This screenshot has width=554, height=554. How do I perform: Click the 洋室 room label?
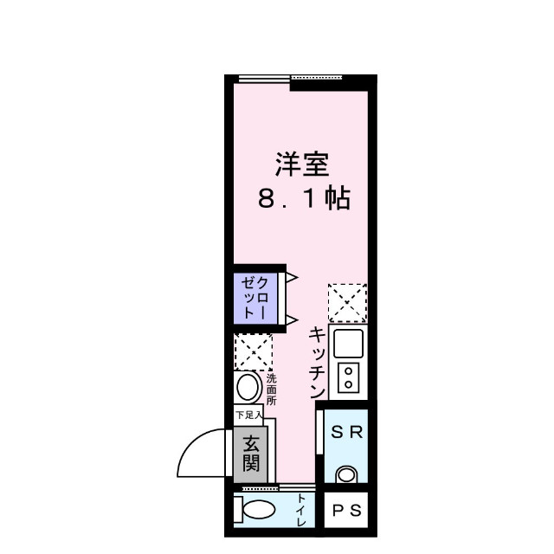(x=302, y=165)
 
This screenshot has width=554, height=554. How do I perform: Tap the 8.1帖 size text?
(x=302, y=199)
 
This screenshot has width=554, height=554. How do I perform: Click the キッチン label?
(x=317, y=362)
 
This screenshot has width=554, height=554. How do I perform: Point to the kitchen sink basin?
(x=349, y=344)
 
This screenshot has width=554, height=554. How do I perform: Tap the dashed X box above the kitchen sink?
(x=347, y=302)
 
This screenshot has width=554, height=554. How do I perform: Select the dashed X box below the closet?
(x=254, y=352)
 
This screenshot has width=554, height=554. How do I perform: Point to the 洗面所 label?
(x=271, y=389)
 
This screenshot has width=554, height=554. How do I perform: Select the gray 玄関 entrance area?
(x=249, y=454)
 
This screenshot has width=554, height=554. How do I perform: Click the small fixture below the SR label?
(x=347, y=474)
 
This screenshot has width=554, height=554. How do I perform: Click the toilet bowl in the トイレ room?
(x=257, y=511)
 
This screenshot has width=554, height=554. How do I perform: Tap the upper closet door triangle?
(x=292, y=278)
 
